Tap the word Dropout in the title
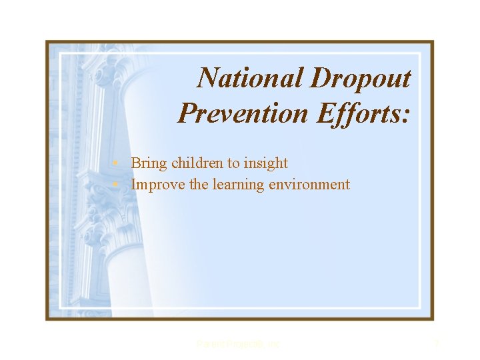click(360, 79)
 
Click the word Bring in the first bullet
click(149, 163)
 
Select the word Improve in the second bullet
click(158, 185)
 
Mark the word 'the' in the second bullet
click(199, 185)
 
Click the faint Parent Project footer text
click(239, 344)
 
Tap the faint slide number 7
click(437, 344)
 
